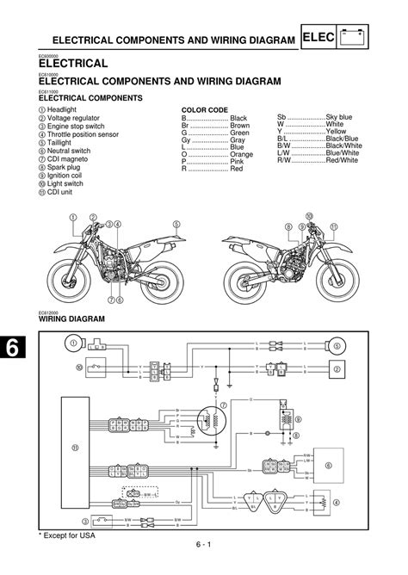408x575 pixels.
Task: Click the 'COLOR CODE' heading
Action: click(203, 109)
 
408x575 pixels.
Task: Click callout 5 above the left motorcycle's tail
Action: click(176, 225)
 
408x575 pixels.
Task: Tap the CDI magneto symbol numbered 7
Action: click(207, 421)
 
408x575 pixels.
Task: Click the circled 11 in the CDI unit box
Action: click(75, 448)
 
